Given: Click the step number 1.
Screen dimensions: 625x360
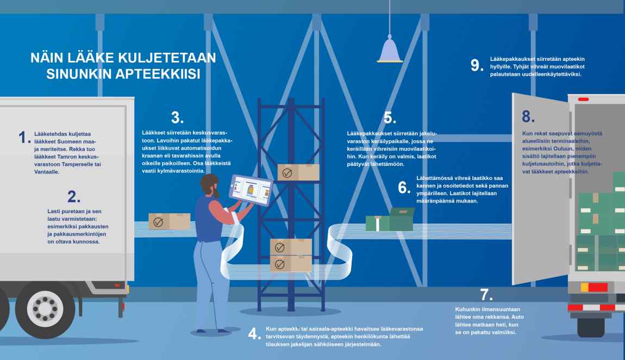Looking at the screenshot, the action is (x=24, y=138).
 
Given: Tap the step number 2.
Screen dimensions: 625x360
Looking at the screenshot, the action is (x=74, y=196).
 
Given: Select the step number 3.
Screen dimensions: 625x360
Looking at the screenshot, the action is (x=177, y=117).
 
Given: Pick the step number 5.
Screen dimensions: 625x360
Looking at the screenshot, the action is (x=390, y=117).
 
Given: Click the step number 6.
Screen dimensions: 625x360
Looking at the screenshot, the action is (x=404, y=188).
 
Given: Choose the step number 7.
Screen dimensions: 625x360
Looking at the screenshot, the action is (x=486, y=295).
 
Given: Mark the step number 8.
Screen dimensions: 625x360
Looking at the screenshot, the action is (x=529, y=116).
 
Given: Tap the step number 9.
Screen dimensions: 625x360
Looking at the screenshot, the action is (x=477, y=65).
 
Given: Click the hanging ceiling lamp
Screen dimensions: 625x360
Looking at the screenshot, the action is (x=390, y=49).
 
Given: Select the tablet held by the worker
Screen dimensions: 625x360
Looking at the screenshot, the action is (x=251, y=190).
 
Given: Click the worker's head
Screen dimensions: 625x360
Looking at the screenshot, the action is (x=210, y=185).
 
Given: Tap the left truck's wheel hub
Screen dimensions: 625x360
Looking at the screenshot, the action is (x=45, y=309).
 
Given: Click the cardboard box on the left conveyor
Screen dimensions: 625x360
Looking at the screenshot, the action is (x=170, y=221).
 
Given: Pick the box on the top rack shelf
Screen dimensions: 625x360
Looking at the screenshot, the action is (x=298, y=172).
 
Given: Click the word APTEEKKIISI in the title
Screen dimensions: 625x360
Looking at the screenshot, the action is (x=123, y=74).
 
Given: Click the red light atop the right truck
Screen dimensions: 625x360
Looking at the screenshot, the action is (x=583, y=99).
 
